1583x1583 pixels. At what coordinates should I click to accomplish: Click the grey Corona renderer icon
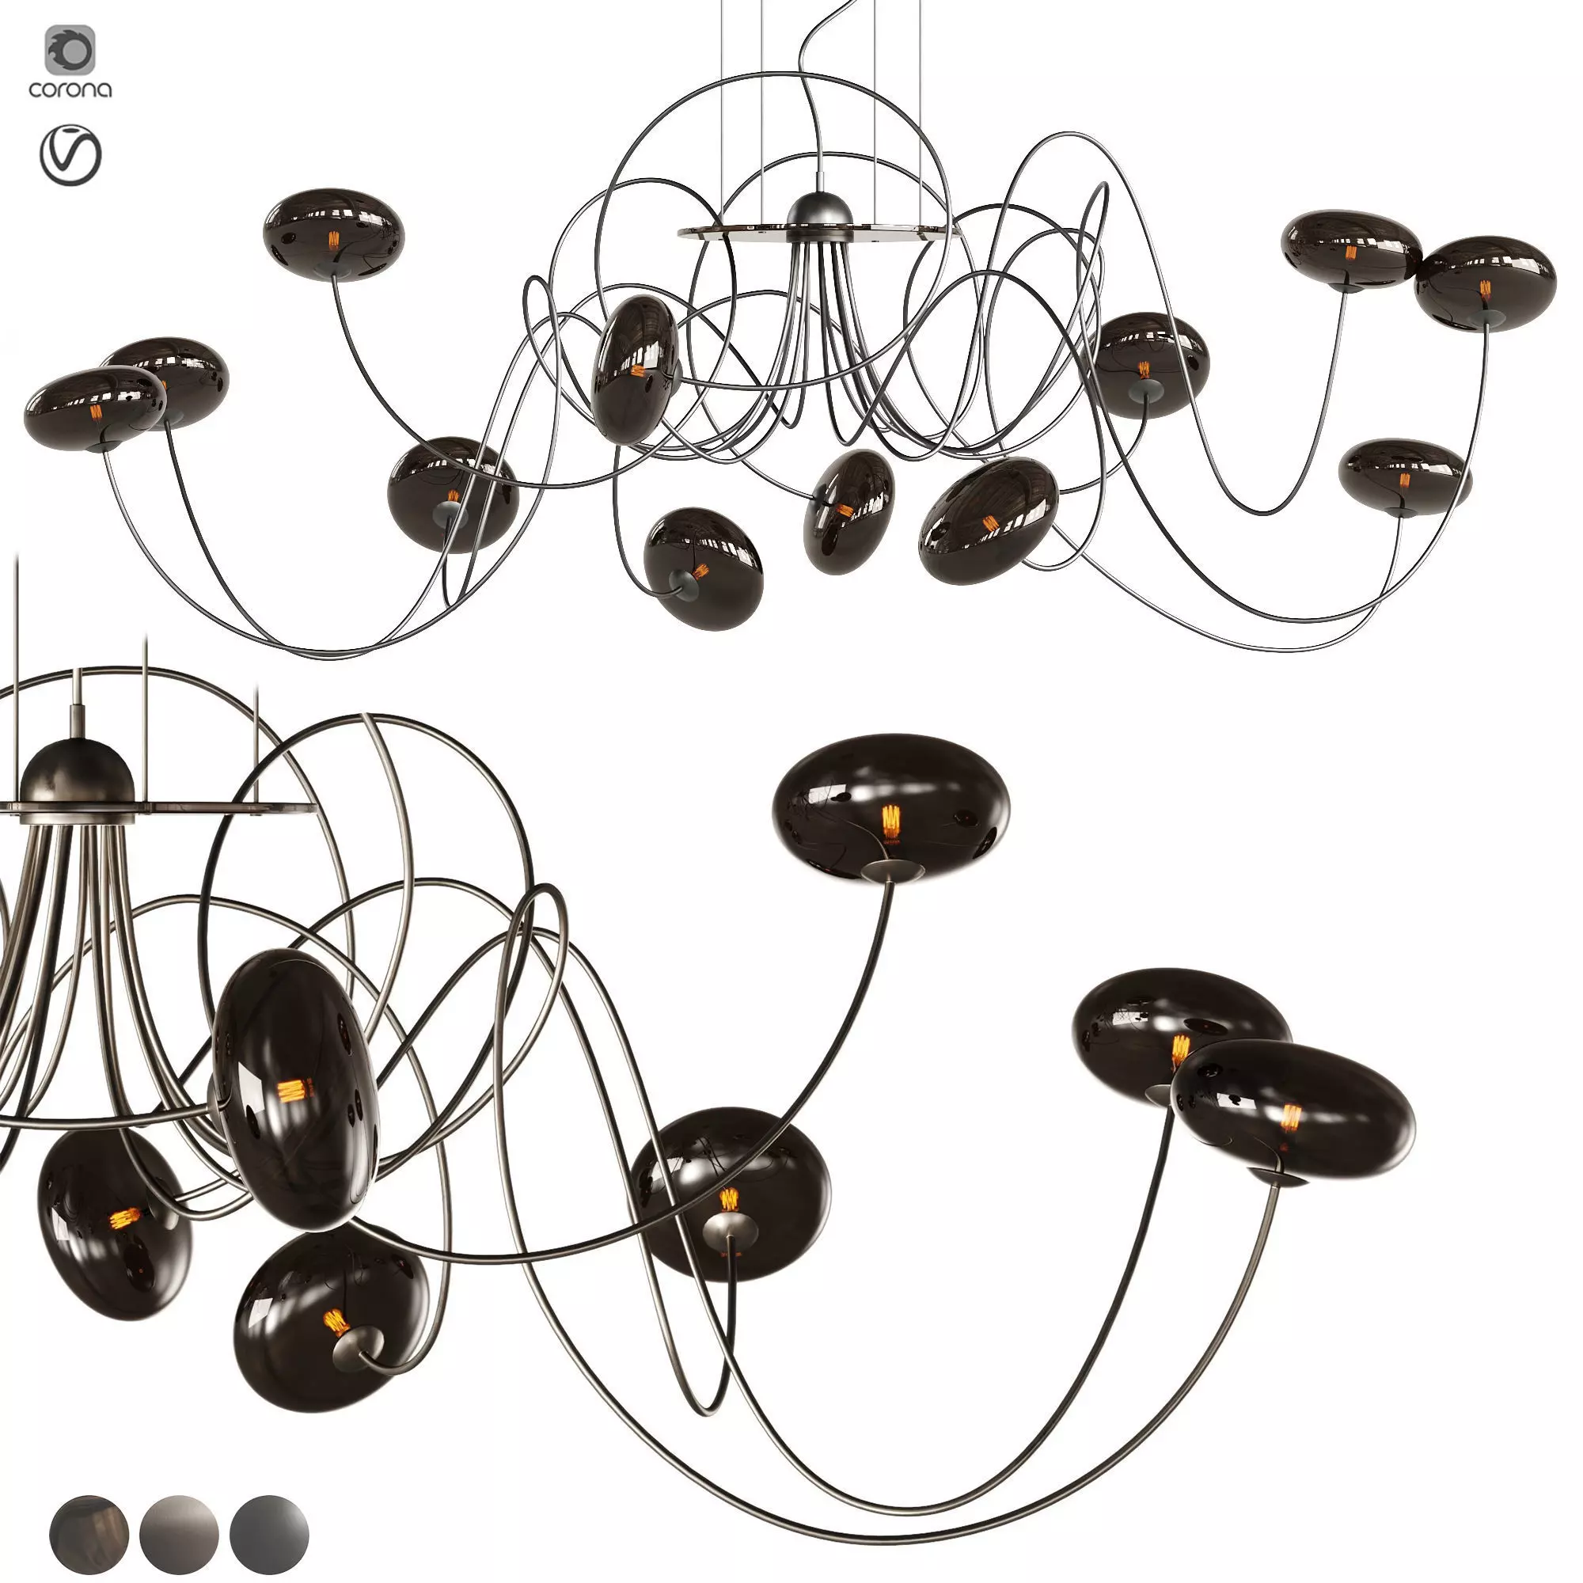pos(70,50)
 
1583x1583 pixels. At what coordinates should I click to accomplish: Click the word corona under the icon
pos(70,89)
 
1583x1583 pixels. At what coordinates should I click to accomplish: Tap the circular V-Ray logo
pos(70,155)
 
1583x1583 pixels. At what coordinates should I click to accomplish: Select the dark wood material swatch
pos(89,1533)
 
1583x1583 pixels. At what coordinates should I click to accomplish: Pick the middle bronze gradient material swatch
pos(179,1533)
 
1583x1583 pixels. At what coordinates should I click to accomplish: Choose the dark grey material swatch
pos(269,1533)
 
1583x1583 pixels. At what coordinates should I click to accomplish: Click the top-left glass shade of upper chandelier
pos(333,235)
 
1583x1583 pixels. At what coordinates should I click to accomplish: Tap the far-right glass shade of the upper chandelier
pos(1485,283)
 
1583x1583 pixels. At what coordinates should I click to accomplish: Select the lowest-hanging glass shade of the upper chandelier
pos(703,568)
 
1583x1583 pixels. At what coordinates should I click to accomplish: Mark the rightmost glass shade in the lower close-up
pos(1293,1111)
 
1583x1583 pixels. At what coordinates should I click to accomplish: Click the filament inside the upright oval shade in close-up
pos(290,1091)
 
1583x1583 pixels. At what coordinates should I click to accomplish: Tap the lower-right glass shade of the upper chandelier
pos(1404,478)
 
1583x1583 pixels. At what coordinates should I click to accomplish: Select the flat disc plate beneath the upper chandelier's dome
pos(819,232)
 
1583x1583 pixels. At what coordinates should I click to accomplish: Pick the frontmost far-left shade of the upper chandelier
pos(95,408)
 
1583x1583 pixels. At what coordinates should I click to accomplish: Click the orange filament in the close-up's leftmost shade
pos(125,1218)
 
